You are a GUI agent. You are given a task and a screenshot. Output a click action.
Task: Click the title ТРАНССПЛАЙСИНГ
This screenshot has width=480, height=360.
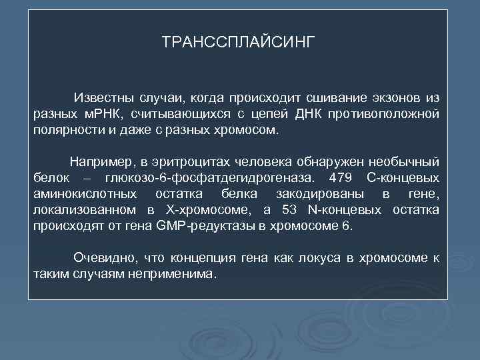(237, 43)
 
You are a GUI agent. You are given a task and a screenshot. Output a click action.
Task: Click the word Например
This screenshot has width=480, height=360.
(99, 162)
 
